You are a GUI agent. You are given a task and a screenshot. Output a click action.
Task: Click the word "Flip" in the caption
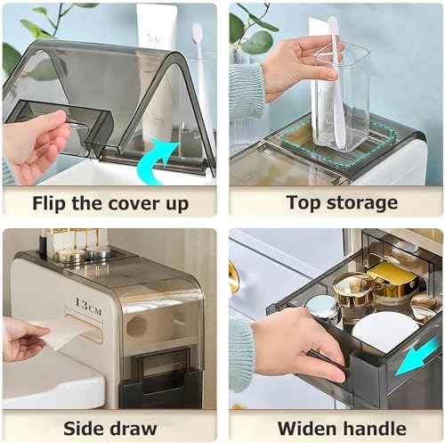click(x=50, y=204)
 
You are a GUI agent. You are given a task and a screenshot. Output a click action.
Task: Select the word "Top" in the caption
click(x=303, y=203)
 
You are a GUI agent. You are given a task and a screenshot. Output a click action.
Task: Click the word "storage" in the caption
click(x=362, y=204)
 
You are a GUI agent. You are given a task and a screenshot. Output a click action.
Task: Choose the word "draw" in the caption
click(x=133, y=429)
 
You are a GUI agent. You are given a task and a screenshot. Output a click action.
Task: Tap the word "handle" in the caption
click(x=372, y=429)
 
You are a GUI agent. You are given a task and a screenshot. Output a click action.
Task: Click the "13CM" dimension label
click(x=88, y=307)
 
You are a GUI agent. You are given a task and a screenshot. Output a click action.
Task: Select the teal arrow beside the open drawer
click(x=417, y=356)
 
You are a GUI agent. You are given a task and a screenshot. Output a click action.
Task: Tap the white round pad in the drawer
click(x=385, y=329)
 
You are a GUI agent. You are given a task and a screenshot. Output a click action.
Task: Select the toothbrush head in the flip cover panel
click(x=198, y=34)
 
